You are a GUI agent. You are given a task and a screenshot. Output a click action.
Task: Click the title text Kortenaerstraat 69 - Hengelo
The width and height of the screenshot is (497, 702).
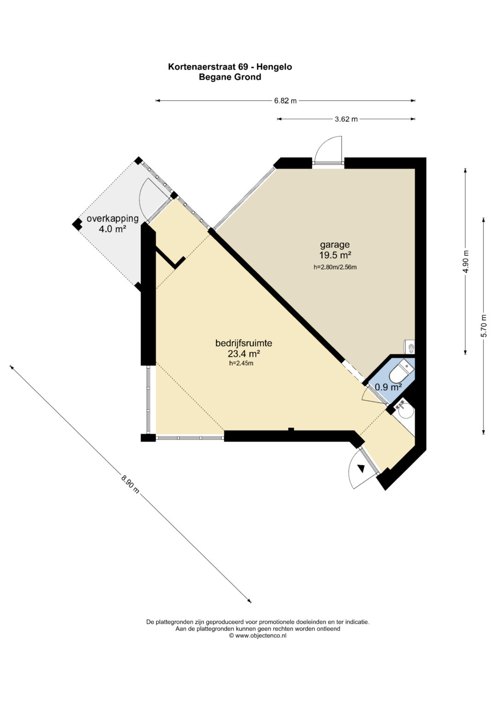pos(230,67)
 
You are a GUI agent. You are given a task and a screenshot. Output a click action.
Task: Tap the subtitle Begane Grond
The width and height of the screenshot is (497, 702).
pos(230,77)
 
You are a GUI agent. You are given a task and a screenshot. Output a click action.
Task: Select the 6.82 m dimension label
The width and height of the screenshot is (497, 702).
pos(285,101)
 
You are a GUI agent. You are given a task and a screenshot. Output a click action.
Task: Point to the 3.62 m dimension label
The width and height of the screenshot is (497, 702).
pos(347,119)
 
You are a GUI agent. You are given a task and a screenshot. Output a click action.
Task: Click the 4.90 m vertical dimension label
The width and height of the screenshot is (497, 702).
pos(465,262)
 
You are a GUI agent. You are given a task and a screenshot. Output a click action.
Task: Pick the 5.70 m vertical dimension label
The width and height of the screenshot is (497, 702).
pos(484,325)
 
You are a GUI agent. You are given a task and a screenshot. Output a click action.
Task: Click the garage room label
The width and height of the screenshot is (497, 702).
pos(335,245)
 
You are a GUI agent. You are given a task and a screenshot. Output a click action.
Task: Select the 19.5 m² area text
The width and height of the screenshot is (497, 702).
pos(335,255)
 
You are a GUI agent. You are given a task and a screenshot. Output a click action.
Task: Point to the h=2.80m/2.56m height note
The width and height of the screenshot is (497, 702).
pos(335,267)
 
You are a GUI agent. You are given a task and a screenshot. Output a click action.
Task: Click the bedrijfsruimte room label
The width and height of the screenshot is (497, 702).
pos(243,343)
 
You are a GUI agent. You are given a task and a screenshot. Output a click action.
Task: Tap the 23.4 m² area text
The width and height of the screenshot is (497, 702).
pos(244,354)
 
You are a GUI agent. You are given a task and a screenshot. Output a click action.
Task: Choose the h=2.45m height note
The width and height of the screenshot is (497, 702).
pos(241,364)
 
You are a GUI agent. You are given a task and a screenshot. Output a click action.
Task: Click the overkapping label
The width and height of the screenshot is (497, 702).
pos(112,218)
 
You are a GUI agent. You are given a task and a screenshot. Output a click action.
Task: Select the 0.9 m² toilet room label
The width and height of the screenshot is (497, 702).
pos(388,388)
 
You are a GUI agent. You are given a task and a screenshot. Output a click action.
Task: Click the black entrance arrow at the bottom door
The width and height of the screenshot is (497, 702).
pos(361,469)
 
